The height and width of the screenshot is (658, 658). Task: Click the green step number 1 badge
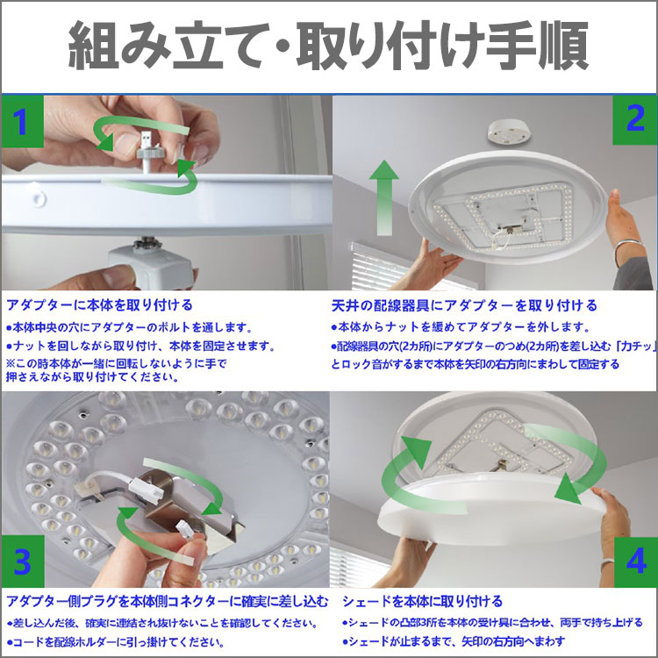[x=22, y=122]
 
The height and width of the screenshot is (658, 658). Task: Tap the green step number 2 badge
[x=635, y=120]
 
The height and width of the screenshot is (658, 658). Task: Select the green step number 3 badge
[x=23, y=561]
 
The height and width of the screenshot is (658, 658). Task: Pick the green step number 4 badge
[x=635, y=561]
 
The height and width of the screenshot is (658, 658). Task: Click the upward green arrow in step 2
[x=383, y=197]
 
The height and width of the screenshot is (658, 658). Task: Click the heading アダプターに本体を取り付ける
[x=99, y=305]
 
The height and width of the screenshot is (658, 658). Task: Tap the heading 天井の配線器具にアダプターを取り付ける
[x=464, y=305]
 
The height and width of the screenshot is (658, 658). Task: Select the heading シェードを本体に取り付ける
[x=422, y=601]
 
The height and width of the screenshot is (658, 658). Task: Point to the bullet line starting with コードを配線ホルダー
[x=116, y=642]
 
